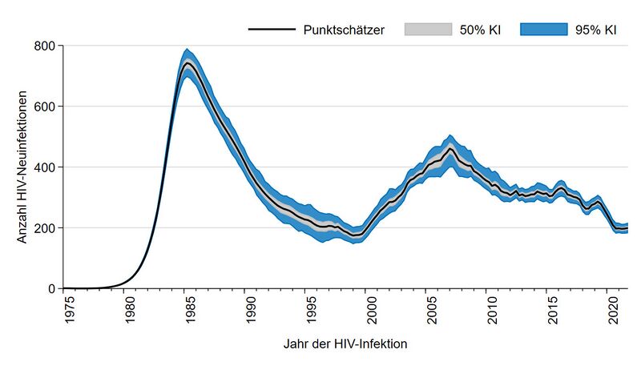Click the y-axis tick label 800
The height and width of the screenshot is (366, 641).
44,46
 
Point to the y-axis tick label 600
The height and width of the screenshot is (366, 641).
44,107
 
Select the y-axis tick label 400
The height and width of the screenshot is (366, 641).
44,167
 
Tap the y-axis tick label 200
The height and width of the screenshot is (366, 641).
44,228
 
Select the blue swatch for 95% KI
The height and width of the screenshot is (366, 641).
538,30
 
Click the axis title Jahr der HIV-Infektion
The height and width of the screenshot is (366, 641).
345,345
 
